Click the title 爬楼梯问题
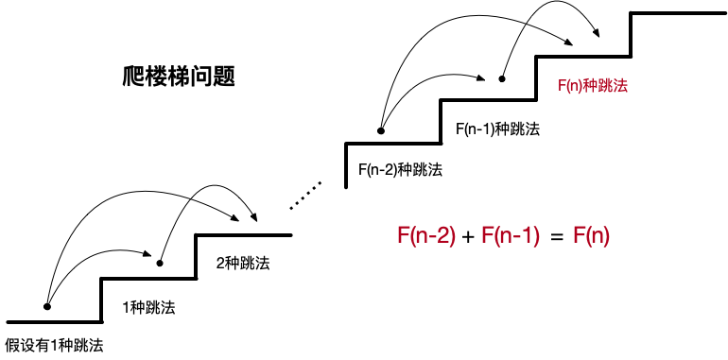(x=179, y=76)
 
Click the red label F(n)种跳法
(x=593, y=85)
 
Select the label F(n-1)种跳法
(x=497, y=129)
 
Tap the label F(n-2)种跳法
(x=400, y=170)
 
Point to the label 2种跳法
(x=243, y=263)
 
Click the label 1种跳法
(x=148, y=307)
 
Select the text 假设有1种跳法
(x=53, y=346)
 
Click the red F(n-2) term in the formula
(x=424, y=236)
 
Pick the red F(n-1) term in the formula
(x=510, y=236)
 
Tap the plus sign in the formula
(x=467, y=237)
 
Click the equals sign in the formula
(x=557, y=237)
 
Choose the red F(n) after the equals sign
(x=592, y=236)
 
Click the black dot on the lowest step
(x=47, y=306)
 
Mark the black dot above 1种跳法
(x=160, y=263)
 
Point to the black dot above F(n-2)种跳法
(x=380, y=131)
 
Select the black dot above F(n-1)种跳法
(x=502, y=79)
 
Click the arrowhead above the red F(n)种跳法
(x=596, y=31)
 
